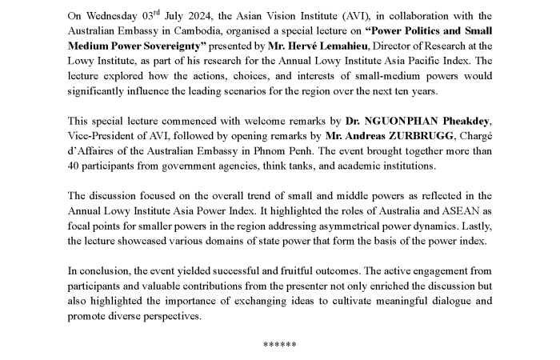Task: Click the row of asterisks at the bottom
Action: (x=280, y=345)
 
